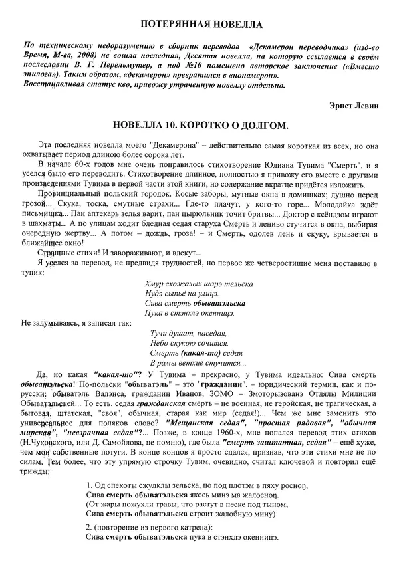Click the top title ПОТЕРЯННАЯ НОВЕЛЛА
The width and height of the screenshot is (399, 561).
[199, 25]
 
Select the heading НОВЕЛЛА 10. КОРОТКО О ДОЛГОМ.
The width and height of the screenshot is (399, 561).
[199, 126]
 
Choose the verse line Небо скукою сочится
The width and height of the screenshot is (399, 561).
[190, 343]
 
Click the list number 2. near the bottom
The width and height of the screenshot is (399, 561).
[90, 527]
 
